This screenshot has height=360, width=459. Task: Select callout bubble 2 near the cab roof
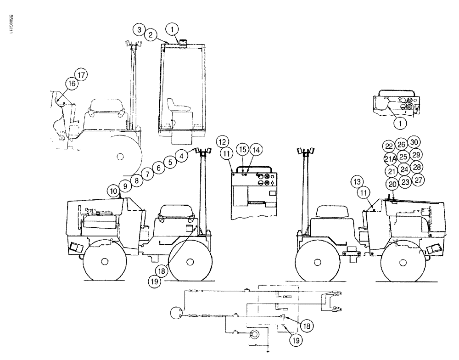(x=149, y=35)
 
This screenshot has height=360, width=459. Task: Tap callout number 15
(x=242, y=150)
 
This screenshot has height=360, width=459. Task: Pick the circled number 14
(x=255, y=150)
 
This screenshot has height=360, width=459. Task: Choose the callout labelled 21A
(x=390, y=159)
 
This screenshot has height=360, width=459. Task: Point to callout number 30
(x=414, y=142)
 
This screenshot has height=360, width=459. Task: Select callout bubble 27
(x=418, y=179)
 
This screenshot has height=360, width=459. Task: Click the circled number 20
(x=392, y=184)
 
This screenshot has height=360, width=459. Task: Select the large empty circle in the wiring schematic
(x=177, y=315)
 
